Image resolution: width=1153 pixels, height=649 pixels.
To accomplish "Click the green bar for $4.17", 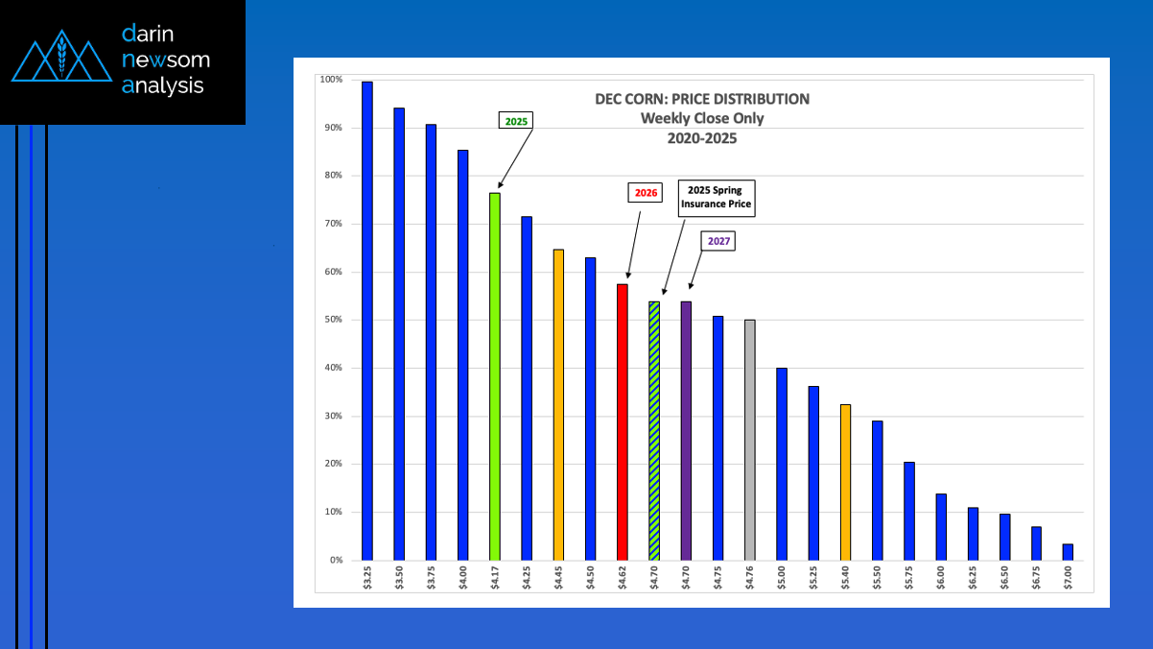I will pyautogui.click(x=494, y=376).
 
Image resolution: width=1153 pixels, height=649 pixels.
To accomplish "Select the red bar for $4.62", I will pyautogui.click(x=622, y=422).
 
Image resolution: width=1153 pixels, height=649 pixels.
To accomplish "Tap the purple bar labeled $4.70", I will pyautogui.click(x=686, y=430).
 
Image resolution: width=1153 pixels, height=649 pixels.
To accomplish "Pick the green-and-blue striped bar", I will pyautogui.click(x=654, y=430).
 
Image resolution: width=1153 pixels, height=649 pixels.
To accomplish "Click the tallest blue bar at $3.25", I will pyautogui.click(x=366, y=321).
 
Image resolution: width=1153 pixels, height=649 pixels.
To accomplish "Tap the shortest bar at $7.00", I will pyautogui.click(x=1068, y=552).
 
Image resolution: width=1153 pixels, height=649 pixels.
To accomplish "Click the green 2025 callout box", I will pyautogui.click(x=516, y=121).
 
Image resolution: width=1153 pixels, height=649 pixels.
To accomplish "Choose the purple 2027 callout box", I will pyautogui.click(x=718, y=241).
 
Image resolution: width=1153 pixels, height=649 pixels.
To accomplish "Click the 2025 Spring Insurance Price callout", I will pyautogui.click(x=717, y=196).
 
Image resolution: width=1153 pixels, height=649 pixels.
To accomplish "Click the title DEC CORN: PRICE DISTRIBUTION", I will pyautogui.click(x=702, y=99).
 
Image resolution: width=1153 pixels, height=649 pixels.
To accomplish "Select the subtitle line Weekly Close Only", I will pyautogui.click(x=702, y=118).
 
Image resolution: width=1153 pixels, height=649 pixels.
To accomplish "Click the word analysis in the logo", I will pyautogui.click(x=164, y=85).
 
